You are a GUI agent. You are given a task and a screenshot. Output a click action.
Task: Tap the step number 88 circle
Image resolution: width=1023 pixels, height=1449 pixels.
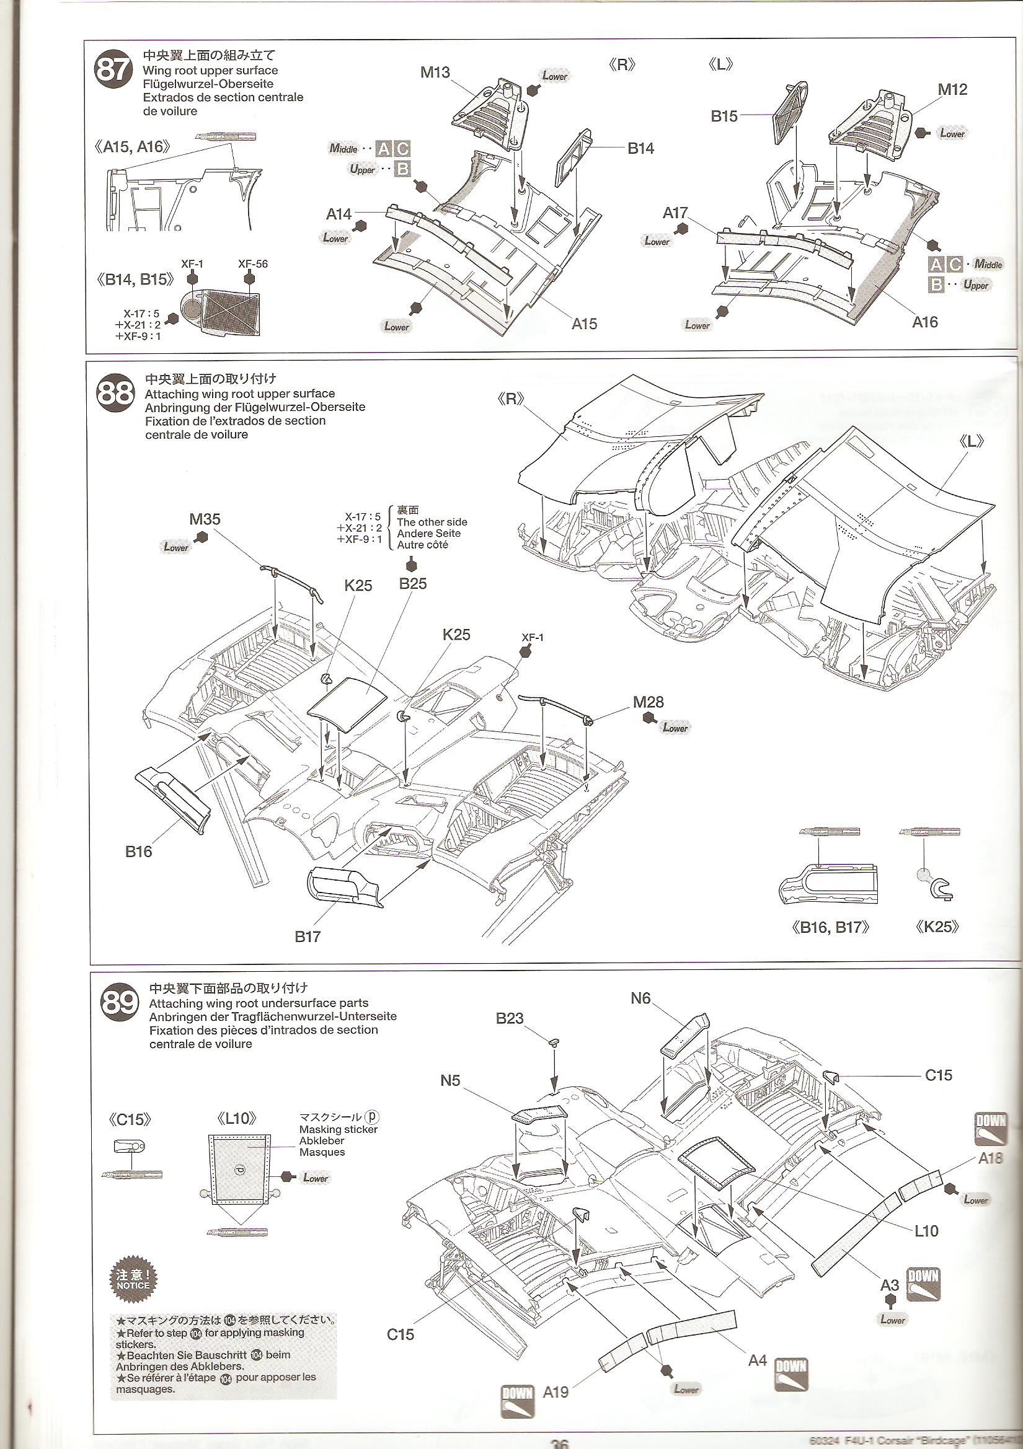point(115,393)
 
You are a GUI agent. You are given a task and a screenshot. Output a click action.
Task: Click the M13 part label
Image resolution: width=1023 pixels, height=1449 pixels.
point(435,73)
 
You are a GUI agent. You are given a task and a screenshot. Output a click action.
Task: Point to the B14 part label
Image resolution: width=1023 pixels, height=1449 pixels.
point(640,148)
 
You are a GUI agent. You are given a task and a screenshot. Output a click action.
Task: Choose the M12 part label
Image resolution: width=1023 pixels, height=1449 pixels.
point(952,90)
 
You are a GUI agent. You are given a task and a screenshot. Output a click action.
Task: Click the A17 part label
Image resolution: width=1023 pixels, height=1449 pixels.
point(675,213)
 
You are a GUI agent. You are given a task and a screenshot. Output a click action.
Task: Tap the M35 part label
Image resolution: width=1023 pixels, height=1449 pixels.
point(205,519)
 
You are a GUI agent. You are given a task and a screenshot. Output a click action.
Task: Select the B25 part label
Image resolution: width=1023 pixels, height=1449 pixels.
point(413,584)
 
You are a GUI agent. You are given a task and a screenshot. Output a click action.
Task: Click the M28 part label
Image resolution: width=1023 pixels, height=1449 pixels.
point(649,702)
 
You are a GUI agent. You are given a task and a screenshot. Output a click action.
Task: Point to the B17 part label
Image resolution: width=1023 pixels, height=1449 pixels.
point(308,936)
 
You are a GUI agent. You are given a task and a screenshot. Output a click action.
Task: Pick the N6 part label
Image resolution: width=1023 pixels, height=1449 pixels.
point(640,998)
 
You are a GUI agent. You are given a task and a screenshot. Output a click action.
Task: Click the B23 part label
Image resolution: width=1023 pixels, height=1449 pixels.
point(510,1019)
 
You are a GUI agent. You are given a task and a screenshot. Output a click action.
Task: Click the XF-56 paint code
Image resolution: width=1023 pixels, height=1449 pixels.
point(252,264)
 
